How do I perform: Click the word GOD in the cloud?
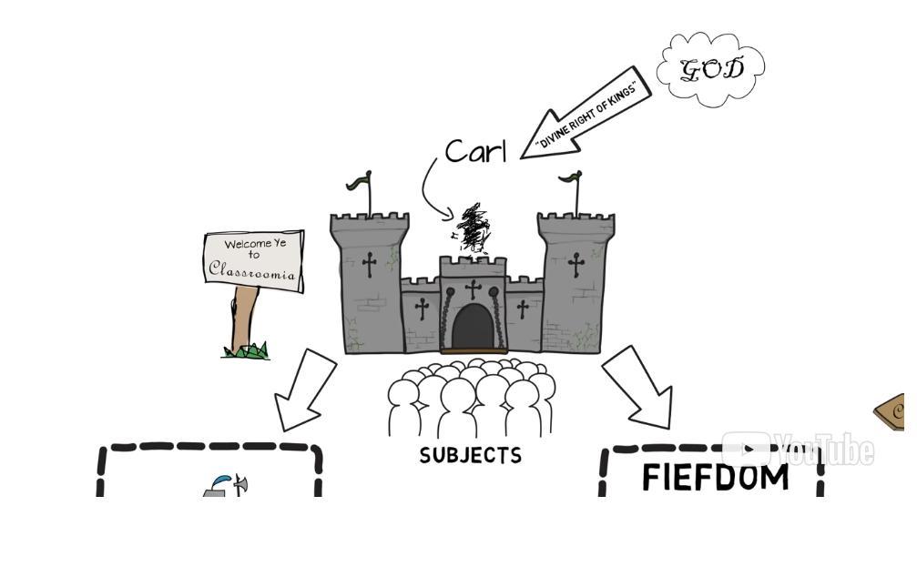[712, 69]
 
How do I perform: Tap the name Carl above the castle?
[475, 151]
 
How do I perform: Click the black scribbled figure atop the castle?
[473, 228]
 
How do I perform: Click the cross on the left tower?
[369, 265]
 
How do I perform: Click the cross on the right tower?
[576, 265]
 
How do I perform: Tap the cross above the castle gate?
[473, 290]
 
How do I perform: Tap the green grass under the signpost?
[247, 351]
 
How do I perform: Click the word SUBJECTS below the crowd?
[471, 455]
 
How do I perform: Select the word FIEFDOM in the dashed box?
[715, 478]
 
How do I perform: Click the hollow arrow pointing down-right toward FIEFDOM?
[641, 390]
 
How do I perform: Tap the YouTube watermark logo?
[798, 450]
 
